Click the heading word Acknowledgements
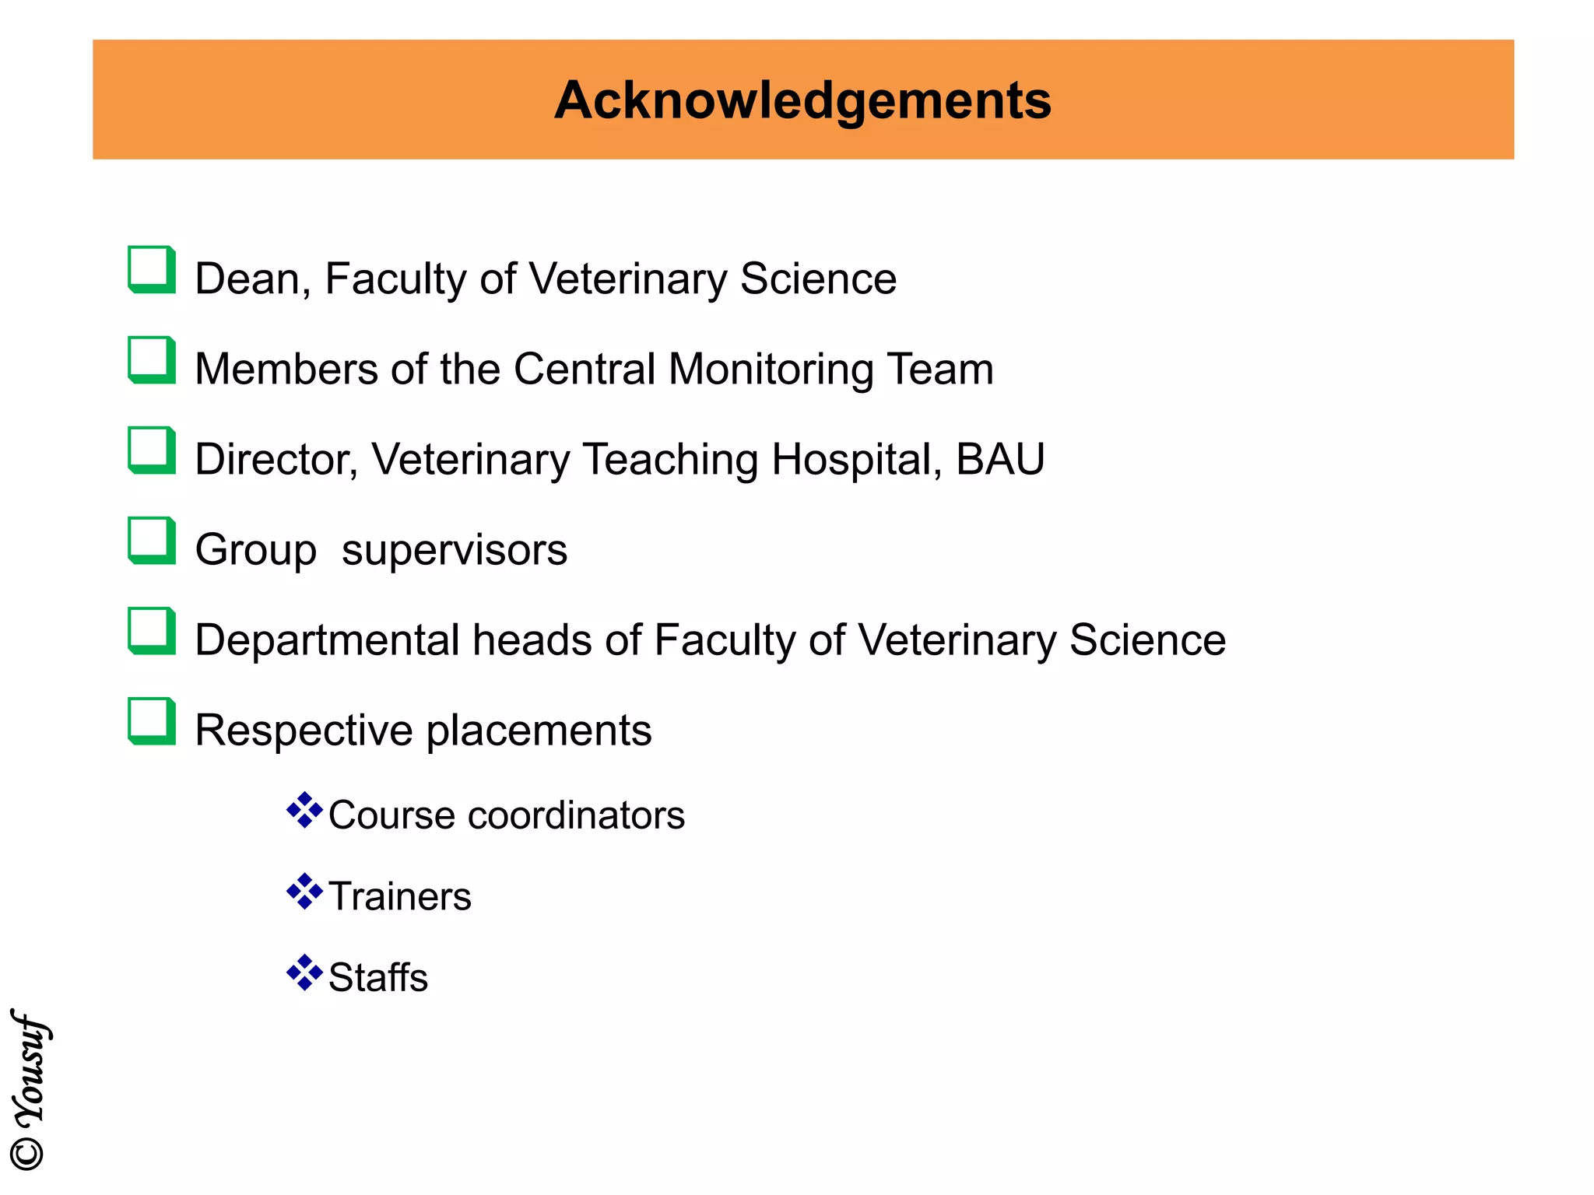pos(802,100)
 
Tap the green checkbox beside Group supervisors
pos(151,541)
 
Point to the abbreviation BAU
pos(1000,459)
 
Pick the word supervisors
pos(455,550)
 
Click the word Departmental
pos(327,640)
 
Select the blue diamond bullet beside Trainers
pos(304,892)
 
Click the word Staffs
pos(378,977)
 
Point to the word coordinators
pos(576,815)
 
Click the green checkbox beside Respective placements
pos(151,721)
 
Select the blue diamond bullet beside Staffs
pos(304,972)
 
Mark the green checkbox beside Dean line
pos(151,270)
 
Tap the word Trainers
pos(399,896)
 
